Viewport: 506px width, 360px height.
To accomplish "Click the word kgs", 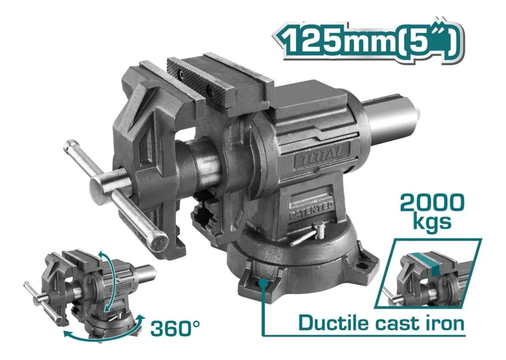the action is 432,222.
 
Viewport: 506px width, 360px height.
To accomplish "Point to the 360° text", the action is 175,328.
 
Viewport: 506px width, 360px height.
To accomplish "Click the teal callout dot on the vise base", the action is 264,283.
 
